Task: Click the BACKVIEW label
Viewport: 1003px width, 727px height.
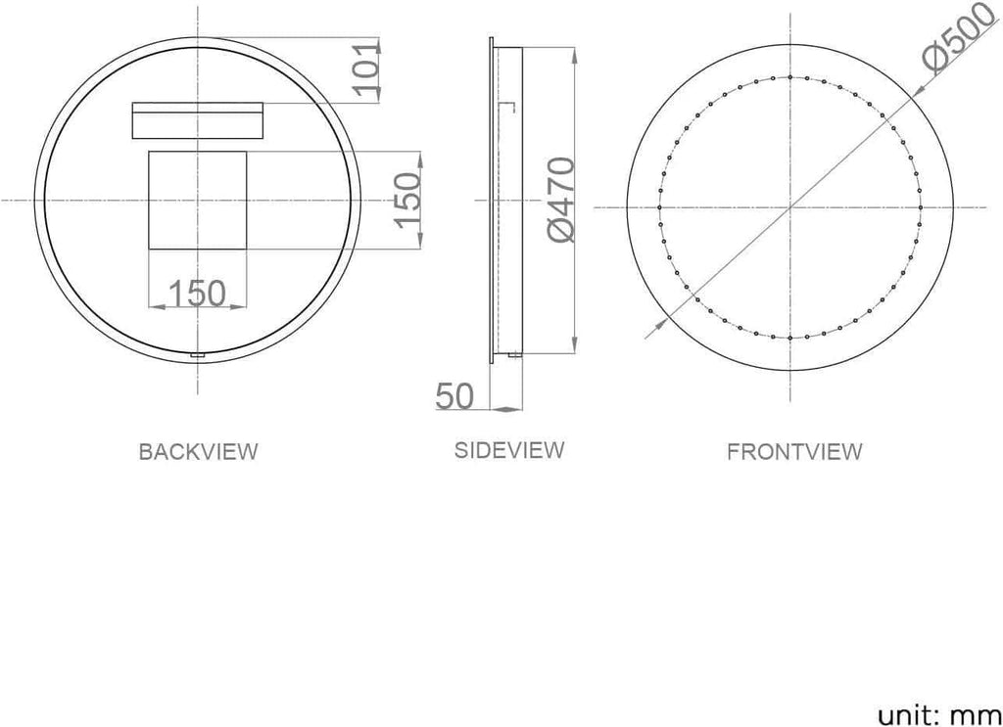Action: (198, 452)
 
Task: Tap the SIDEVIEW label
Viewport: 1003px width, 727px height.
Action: (509, 450)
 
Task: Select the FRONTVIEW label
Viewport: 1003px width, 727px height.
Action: (794, 452)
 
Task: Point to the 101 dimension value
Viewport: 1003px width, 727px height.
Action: (368, 68)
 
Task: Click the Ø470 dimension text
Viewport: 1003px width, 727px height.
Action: (560, 201)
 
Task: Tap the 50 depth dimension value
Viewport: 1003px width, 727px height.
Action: (454, 396)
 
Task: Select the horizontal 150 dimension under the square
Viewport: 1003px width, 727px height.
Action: (197, 293)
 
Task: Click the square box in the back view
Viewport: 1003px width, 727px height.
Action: (197, 201)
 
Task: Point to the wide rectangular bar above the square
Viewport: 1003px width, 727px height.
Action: (197, 120)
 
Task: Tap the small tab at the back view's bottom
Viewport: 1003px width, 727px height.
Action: (198, 356)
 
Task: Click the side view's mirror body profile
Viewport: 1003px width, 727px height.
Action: (507, 201)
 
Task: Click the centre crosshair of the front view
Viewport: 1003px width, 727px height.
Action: (790, 206)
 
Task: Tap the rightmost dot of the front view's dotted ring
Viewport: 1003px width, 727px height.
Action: (922, 206)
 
